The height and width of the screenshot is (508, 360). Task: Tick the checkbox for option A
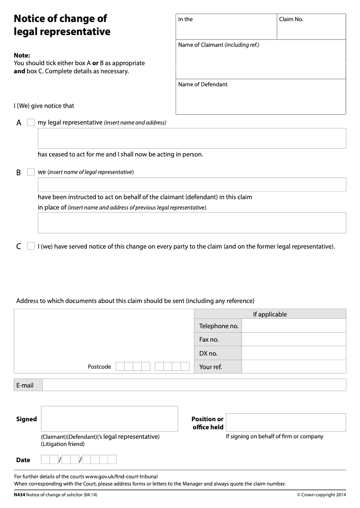coord(31,122)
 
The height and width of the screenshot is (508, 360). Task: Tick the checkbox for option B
coord(31,172)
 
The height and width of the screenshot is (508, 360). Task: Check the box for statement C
coord(31,246)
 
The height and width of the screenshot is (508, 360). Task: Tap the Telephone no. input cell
coord(293,326)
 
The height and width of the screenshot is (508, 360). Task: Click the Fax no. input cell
coord(293,339)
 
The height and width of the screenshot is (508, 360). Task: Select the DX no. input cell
coord(293,353)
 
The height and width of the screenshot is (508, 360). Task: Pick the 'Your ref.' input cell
coord(293,367)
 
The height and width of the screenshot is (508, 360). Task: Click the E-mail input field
coord(194,385)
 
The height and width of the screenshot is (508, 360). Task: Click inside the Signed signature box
coord(109,419)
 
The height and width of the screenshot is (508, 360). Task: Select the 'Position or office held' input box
coord(286,423)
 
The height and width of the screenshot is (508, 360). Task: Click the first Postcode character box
coord(120,366)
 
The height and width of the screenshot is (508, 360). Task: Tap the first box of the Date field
coord(45,459)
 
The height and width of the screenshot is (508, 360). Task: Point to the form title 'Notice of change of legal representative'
coord(62,25)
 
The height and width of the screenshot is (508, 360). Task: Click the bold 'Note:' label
coord(22,56)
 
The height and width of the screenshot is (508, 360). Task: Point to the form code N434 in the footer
coord(20,495)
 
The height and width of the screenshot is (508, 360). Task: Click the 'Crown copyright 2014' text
coord(321,495)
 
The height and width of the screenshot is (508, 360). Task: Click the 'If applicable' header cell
coord(270,314)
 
